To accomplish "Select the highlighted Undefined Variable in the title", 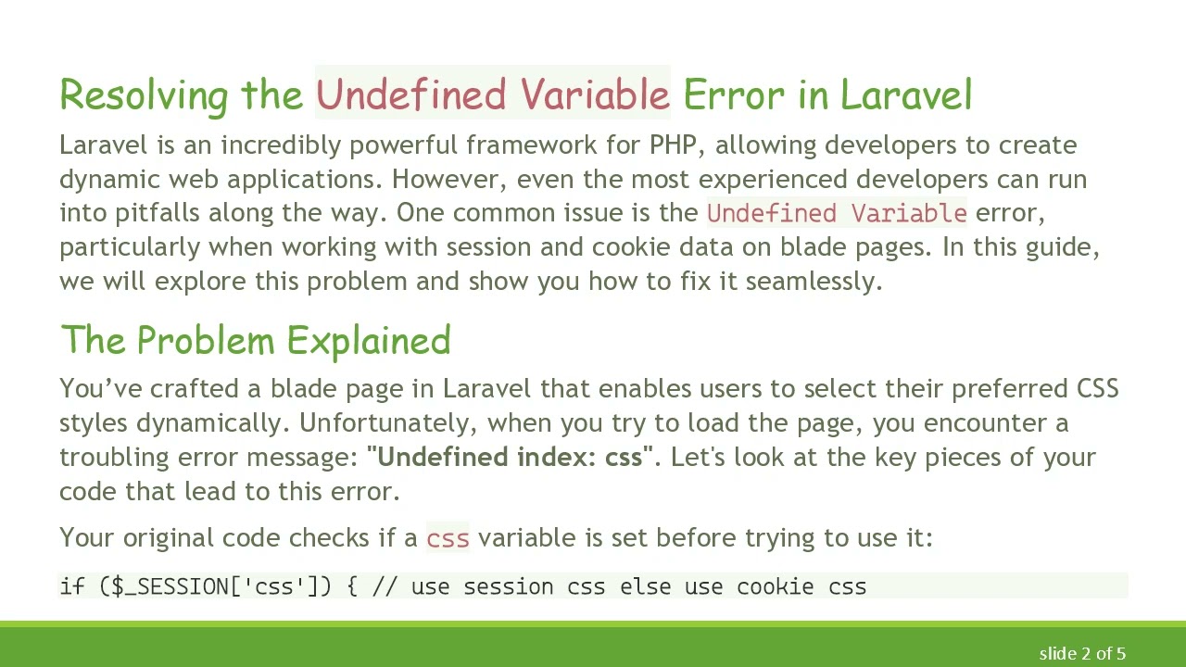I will (x=492, y=94).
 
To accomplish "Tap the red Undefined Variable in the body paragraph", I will (x=837, y=213).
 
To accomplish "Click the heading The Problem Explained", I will (x=255, y=341).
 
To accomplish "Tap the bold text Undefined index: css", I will (x=510, y=458).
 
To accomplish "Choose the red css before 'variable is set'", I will (x=448, y=538).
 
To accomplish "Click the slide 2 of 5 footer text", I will (x=1081, y=654).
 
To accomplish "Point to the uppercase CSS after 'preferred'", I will (x=1097, y=389).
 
